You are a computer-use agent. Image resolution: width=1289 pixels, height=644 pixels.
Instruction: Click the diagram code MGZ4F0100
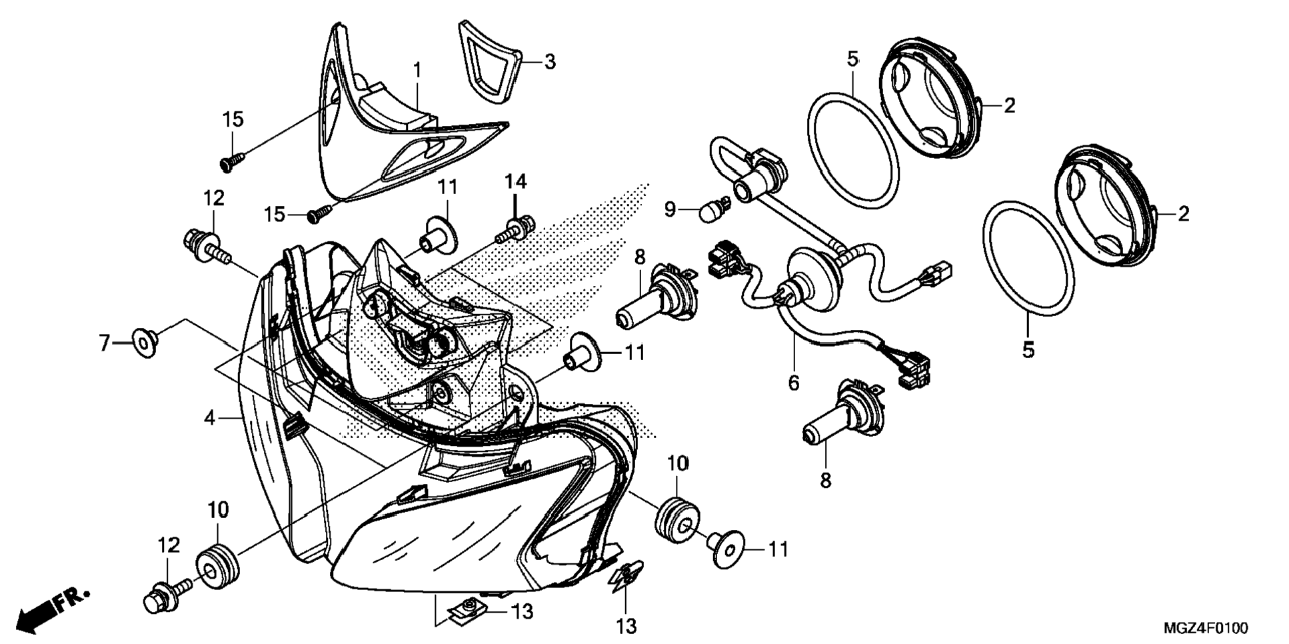coord(1206,628)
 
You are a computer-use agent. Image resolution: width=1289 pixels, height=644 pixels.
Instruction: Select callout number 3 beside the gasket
coord(549,61)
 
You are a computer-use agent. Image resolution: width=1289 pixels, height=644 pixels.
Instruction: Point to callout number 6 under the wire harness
coord(793,383)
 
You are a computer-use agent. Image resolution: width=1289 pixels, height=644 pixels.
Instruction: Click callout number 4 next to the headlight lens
coord(209,418)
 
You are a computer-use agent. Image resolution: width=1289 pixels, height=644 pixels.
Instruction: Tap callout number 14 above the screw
coord(515,181)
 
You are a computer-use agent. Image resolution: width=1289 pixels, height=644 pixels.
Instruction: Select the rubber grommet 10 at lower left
coord(217,567)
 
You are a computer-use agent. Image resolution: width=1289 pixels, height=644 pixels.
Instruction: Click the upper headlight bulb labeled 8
coord(654,297)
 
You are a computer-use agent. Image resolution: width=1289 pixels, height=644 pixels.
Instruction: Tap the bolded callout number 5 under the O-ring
coord(1028,349)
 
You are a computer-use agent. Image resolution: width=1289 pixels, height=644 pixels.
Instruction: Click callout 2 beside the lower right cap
coord(1183,214)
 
